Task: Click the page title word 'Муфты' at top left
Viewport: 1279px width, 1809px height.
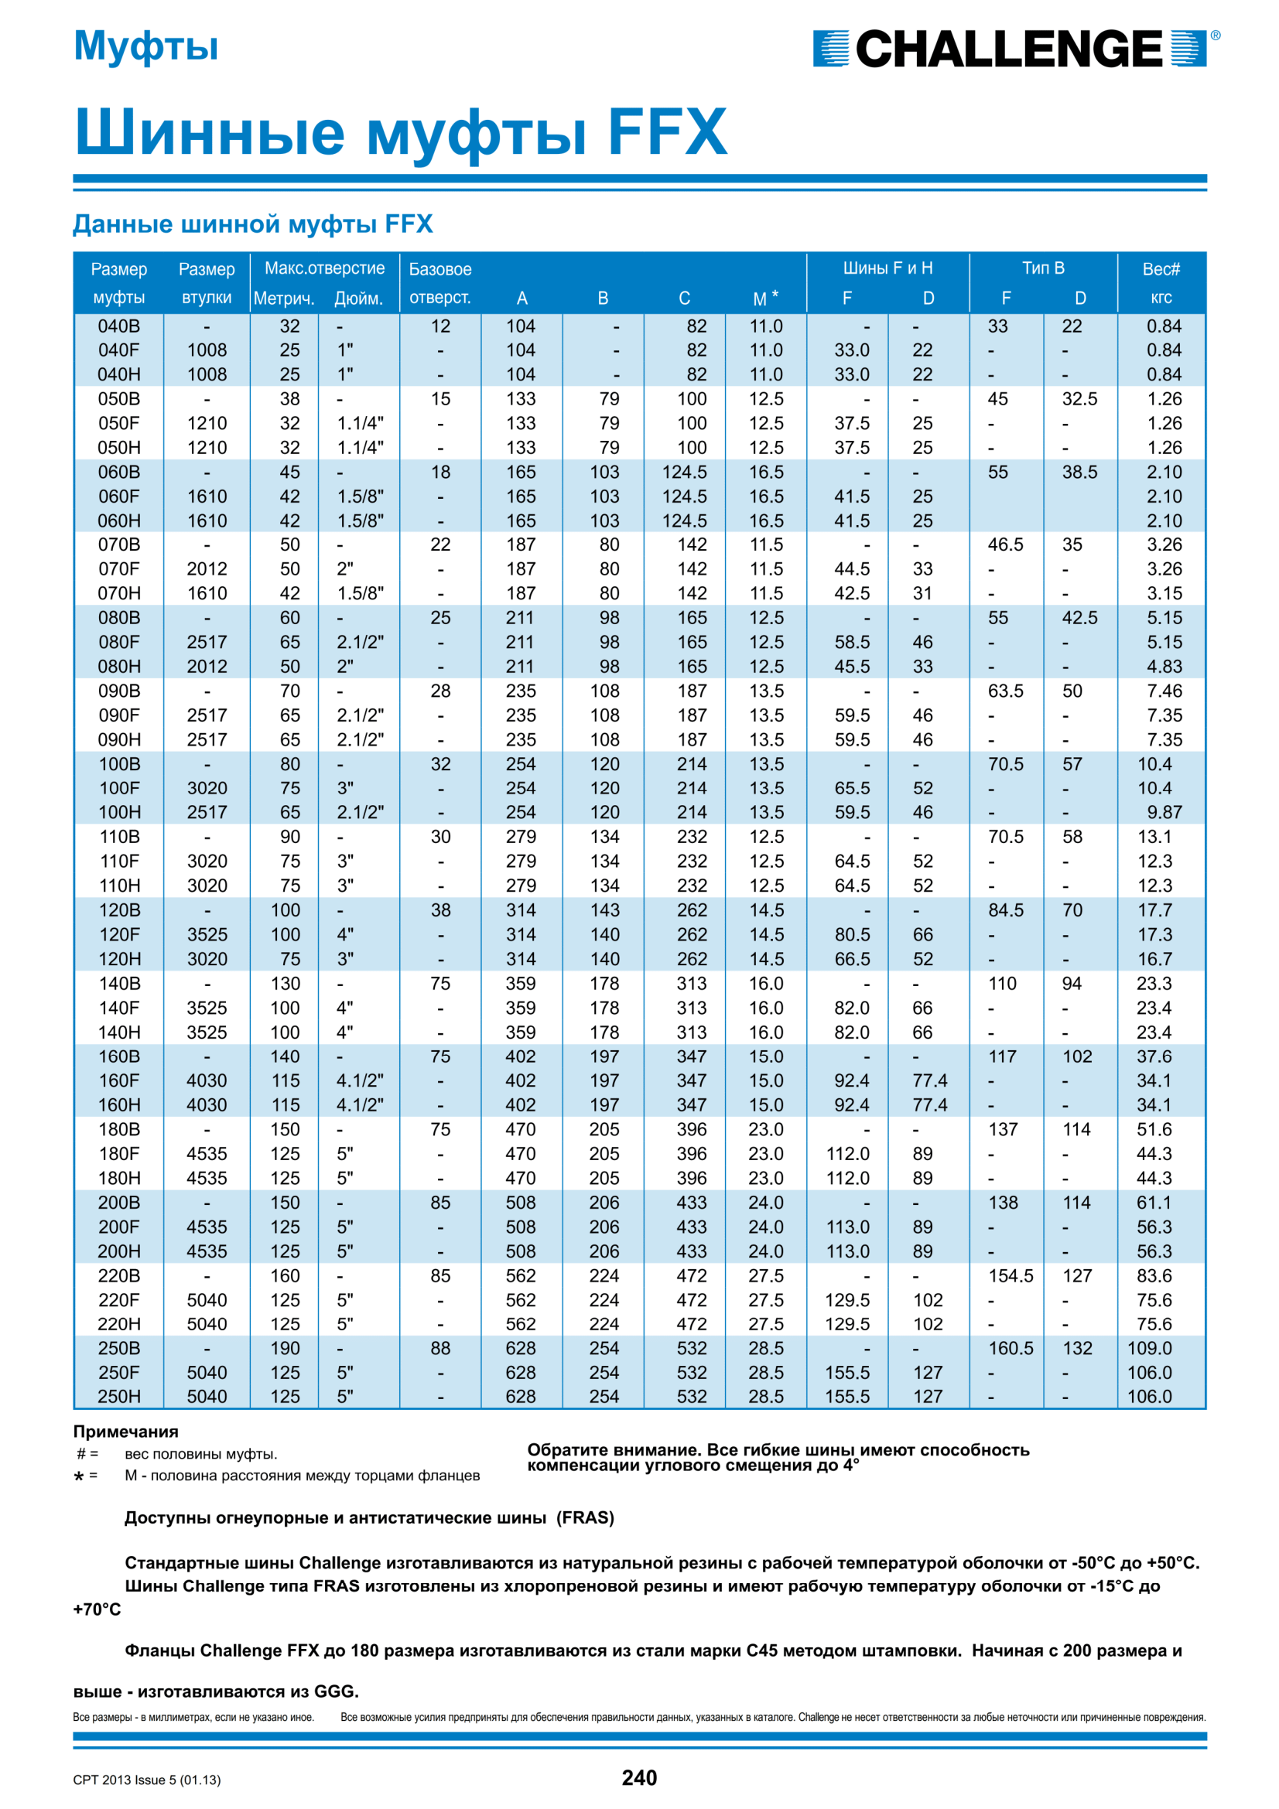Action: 145,46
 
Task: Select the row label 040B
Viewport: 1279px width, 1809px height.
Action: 119,326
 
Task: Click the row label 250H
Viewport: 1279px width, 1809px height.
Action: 119,1396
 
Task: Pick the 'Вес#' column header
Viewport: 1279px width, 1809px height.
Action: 1161,269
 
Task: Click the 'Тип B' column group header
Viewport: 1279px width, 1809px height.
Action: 1042,268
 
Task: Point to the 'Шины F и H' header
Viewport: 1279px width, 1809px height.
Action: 887,268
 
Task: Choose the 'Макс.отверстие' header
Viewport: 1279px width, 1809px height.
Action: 324,268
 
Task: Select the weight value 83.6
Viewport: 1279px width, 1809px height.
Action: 1154,1275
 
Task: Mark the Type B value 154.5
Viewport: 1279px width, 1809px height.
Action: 1011,1275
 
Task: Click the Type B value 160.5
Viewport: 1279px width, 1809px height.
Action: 1011,1348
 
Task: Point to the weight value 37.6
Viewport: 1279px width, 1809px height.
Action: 1154,1056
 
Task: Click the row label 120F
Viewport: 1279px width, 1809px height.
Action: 119,934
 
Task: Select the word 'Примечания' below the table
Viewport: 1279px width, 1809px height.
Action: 126,1432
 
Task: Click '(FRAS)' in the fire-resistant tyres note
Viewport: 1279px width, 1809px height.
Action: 585,1517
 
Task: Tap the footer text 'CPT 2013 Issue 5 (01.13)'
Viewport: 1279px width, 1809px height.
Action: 146,1780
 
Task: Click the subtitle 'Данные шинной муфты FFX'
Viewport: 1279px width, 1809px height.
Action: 253,224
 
